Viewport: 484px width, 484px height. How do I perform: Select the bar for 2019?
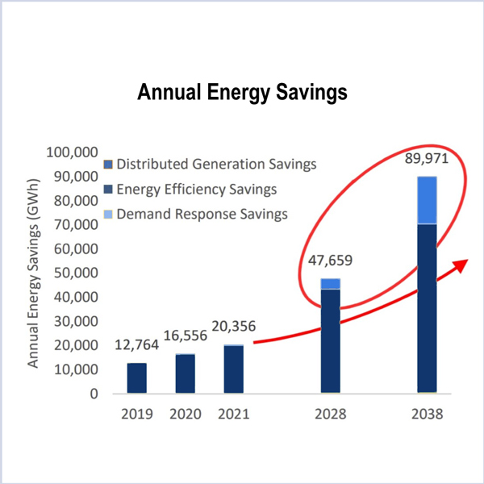pyautogui.click(x=137, y=378)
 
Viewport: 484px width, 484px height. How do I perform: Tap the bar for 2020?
pyautogui.click(x=186, y=373)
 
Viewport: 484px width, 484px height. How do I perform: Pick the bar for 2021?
pyautogui.click(x=233, y=369)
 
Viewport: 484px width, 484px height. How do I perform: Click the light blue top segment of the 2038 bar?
pyautogui.click(x=427, y=200)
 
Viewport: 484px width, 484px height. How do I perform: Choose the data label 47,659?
pyautogui.click(x=330, y=263)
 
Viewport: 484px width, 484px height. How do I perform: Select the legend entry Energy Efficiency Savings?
pyautogui.click(x=197, y=190)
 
